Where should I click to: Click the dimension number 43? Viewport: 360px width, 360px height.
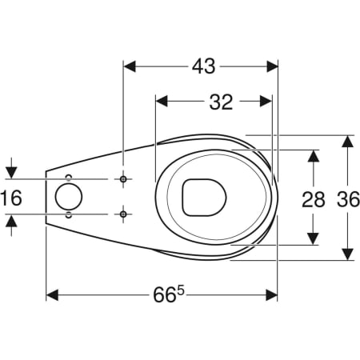click(203, 66)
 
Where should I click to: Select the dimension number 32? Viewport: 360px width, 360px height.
click(221, 102)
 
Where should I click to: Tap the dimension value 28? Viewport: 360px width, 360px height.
click(314, 199)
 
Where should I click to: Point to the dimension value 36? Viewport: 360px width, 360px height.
click(348, 199)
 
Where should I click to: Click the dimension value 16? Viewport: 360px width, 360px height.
click(11, 198)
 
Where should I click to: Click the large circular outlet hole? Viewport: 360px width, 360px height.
click(69, 197)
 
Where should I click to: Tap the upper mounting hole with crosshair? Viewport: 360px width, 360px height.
click(123, 179)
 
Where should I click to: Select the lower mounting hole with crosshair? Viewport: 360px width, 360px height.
click(123, 214)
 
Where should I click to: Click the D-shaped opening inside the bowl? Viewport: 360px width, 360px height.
click(204, 197)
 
